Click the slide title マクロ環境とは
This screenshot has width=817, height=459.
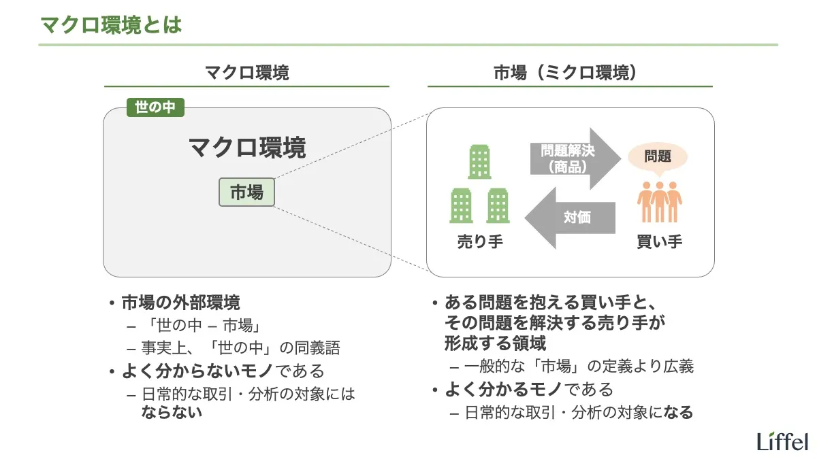(x=111, y=25)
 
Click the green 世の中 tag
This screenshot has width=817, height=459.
(x=155, y=107)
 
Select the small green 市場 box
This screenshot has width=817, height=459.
(x=246, y=192)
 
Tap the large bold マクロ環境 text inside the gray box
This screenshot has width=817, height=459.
(x=246, y=148)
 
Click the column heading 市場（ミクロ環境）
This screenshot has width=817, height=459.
(x=569, y=73)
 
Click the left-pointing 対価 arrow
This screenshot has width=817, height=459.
(x=571, y=218)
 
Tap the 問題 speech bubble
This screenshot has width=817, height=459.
(x=657, y=157)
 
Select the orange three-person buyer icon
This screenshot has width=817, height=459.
(x=659, y=201)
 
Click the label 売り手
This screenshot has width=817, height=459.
(x=479, y=241)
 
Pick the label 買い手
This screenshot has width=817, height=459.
(x=659, y=241)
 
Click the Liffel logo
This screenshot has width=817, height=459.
(x=782, y=441)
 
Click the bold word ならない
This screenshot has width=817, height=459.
(x=172, y=411)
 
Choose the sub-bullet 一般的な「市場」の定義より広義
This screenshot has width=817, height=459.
(x=579, y=367)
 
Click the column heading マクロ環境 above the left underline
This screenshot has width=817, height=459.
(x=246, y=73)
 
